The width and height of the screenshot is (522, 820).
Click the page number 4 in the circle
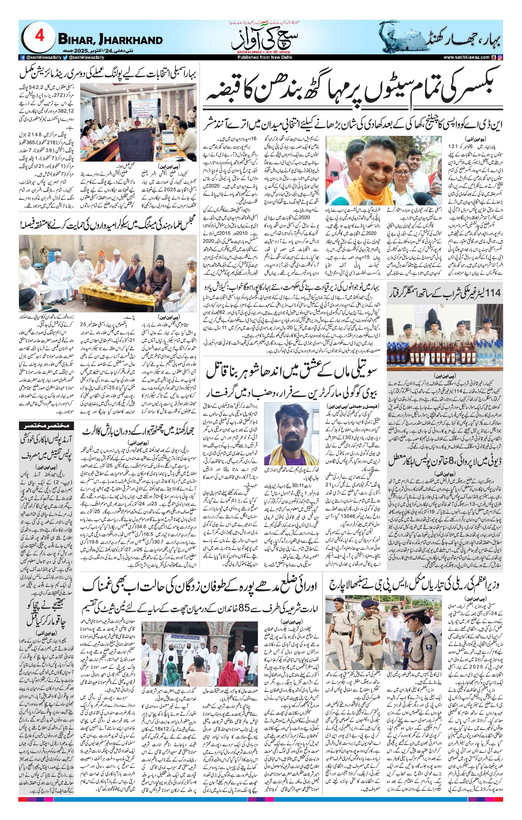click(40, 36)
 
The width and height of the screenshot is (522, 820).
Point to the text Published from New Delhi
click(264, 58)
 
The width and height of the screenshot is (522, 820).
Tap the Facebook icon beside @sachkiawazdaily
click(23, 58)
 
